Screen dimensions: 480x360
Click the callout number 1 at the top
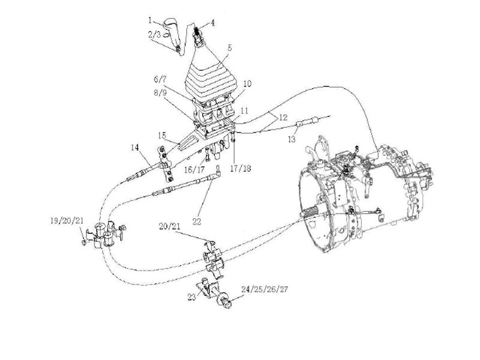tap(150, 20)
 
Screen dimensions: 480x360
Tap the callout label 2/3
tap(155, 35)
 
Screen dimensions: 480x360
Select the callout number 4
tap(212, 23)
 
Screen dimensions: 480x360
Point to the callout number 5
tap(230, 48)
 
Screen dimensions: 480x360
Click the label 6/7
tap(160, 79)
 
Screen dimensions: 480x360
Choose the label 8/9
tap(160, 92)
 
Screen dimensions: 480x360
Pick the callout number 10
tap(247, 83)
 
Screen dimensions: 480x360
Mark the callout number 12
tap(283, 117)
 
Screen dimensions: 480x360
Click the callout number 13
tap(292, 139)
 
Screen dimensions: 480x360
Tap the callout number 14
tap(135, 148)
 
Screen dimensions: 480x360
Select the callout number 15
tap(162, 135)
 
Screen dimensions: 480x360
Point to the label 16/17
tap(194, 169)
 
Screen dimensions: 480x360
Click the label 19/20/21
tap(67, 221)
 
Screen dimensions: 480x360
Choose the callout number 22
tap(197, 221)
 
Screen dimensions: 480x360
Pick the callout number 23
tap(191, 297)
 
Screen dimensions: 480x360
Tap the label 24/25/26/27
tap(265, 289)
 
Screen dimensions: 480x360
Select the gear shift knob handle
tap(173, 36)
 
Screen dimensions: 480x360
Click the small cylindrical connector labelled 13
tap(300, 124)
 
